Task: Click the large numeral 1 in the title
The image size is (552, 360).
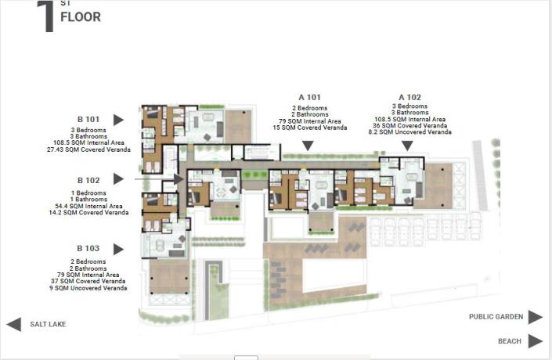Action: coord(45,17)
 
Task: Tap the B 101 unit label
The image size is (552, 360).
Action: coord(87,120)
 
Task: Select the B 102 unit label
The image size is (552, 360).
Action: coord(87,179)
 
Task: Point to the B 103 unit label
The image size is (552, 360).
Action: coord(87,249)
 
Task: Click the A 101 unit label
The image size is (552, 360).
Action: coord(310,97)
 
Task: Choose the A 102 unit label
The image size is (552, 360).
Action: coord(409,97)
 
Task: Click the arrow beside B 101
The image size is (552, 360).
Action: coord(118,120)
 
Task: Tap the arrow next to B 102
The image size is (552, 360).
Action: coord(118,179)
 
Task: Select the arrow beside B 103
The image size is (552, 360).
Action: coord(118,249)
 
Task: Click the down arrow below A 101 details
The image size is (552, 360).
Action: coord(308,146)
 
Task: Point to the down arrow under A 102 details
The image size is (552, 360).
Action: coord(409,146)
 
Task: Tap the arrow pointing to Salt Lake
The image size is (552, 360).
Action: coord(13,324)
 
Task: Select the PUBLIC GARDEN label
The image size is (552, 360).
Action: coord(495,317)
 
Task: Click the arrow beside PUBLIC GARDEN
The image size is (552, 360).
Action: coord(535,317)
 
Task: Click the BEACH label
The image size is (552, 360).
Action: coord(509,341)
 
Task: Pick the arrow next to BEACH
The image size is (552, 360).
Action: coord(535,341)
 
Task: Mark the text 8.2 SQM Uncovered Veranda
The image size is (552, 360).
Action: coord(409,132)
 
